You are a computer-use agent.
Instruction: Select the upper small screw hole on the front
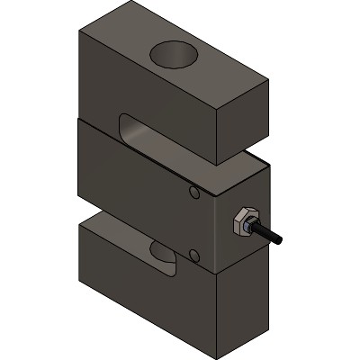[194, 193]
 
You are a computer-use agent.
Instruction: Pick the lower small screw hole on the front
[194, 257]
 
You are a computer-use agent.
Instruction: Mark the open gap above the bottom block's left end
[94, 216]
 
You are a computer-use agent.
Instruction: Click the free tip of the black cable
[281, 241]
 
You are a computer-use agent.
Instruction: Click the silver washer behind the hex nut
[237, 224]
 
